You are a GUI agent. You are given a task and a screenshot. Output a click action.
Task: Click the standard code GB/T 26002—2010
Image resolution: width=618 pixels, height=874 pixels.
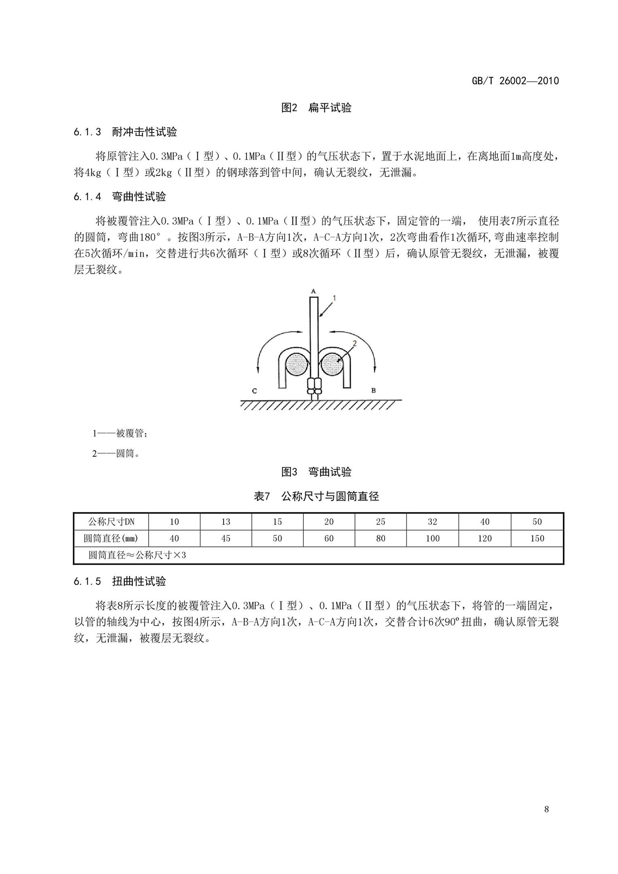pos(515,81)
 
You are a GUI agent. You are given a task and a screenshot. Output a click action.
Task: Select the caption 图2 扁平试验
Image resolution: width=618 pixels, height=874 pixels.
pos(316,108)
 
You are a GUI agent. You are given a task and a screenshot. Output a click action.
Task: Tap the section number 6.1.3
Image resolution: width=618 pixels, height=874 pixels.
pos(87,132)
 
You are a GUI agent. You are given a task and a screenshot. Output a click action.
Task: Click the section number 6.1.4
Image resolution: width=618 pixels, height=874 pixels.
pos(87,197)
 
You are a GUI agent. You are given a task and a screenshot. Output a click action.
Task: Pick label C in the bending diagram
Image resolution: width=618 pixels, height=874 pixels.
pos(254,391)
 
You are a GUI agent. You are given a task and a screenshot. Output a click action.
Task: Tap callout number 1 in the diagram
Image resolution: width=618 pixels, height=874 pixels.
pos(334,299)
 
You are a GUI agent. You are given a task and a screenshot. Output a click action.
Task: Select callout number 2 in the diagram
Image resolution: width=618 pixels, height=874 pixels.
pos(354,344)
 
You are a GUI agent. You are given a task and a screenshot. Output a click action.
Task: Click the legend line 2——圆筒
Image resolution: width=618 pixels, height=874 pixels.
pos(116,454)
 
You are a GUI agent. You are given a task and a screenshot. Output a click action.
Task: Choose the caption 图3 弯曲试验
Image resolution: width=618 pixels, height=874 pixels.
pos(316,472)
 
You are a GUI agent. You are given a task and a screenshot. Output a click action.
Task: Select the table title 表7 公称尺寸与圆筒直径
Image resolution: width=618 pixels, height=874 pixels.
pos(316,496)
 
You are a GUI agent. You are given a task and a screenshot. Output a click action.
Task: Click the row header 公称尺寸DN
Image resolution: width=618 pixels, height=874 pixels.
pos(111,522)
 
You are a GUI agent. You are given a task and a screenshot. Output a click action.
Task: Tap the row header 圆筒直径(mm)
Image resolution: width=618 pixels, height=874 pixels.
pos(111,539)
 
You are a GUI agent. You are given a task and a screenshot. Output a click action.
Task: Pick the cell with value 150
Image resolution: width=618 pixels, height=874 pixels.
pos(537,539)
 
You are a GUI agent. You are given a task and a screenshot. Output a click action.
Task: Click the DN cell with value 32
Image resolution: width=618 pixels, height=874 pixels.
pos(432,522)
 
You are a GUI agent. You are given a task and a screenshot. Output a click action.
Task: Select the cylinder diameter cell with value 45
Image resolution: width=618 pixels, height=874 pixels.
pos(226,539)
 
